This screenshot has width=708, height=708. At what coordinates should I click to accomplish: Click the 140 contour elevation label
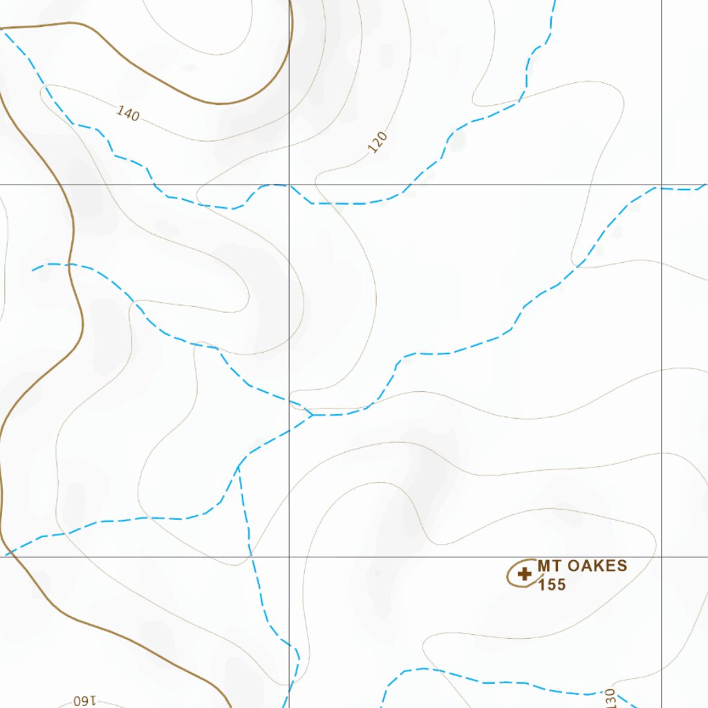tap(128, 113)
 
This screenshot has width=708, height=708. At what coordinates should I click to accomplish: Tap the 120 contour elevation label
tap(378, 142)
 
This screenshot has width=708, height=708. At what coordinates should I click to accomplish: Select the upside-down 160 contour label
tap(87, 701)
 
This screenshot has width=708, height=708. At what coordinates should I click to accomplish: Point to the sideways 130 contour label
tap(609, 697)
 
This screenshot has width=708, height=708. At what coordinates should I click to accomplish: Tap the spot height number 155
tap(552, 585)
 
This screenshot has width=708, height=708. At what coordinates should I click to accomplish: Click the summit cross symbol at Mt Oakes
tap(525, 573)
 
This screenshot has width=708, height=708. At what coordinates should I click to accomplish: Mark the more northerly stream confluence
tap(313, 415)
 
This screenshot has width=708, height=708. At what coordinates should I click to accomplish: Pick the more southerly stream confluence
tap(239, 467)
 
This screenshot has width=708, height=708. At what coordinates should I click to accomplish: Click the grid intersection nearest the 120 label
tap(289, 185)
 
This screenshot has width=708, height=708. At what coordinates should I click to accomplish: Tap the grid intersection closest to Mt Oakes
tap(662, 557)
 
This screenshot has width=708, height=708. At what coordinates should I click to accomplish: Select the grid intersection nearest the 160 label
tap(289, 557)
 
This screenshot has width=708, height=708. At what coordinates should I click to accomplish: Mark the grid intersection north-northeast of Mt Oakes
tap(662, 185)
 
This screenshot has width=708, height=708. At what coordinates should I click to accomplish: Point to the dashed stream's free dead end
tap(32, 270)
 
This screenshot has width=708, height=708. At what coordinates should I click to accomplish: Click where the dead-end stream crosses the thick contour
tap(71, 265)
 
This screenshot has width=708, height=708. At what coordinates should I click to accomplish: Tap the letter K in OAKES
tap(594, 566)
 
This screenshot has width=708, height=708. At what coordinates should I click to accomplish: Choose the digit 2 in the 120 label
tap(378, 142)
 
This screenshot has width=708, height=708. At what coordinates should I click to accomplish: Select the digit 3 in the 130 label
tap(609, 697)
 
